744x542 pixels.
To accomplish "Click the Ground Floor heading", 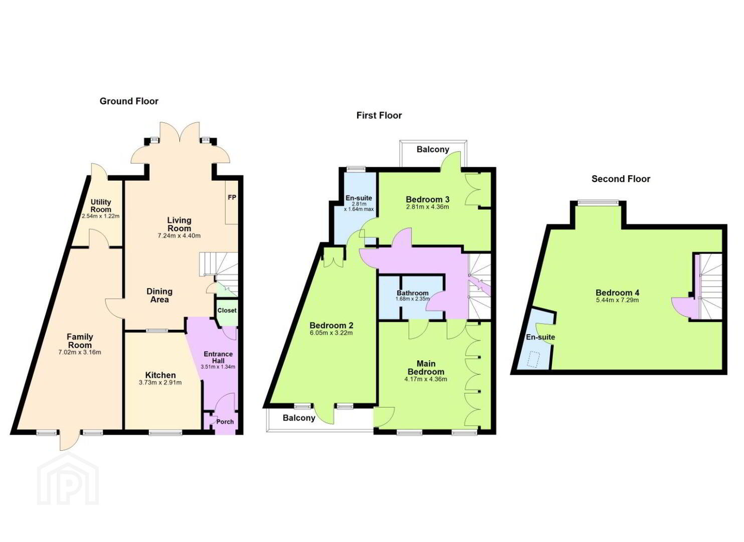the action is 129,101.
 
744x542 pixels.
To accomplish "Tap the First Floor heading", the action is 379,115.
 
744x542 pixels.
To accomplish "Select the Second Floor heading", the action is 621,179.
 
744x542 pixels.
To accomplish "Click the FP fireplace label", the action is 232,198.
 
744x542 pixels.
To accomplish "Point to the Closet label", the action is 227,310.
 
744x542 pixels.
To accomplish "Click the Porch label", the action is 225,422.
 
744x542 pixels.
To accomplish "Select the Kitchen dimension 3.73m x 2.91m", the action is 160,383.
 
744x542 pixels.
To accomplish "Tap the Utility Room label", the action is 101,206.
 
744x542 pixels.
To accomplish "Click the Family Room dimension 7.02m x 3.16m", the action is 80,352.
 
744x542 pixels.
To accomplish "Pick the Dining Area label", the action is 159,296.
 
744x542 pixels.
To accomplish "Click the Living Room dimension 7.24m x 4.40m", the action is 179,236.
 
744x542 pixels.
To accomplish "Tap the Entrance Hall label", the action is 218,357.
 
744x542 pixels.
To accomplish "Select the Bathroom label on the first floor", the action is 413,293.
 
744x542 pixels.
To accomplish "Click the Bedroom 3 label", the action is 428,200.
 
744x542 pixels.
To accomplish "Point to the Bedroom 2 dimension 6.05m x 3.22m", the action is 331,333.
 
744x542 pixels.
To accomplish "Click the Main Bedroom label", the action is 426,368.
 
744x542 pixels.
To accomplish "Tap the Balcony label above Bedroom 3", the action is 433,150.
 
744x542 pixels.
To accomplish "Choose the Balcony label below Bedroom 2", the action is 299,418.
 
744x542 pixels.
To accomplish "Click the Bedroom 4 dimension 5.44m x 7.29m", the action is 618,300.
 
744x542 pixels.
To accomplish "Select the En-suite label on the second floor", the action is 540,337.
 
